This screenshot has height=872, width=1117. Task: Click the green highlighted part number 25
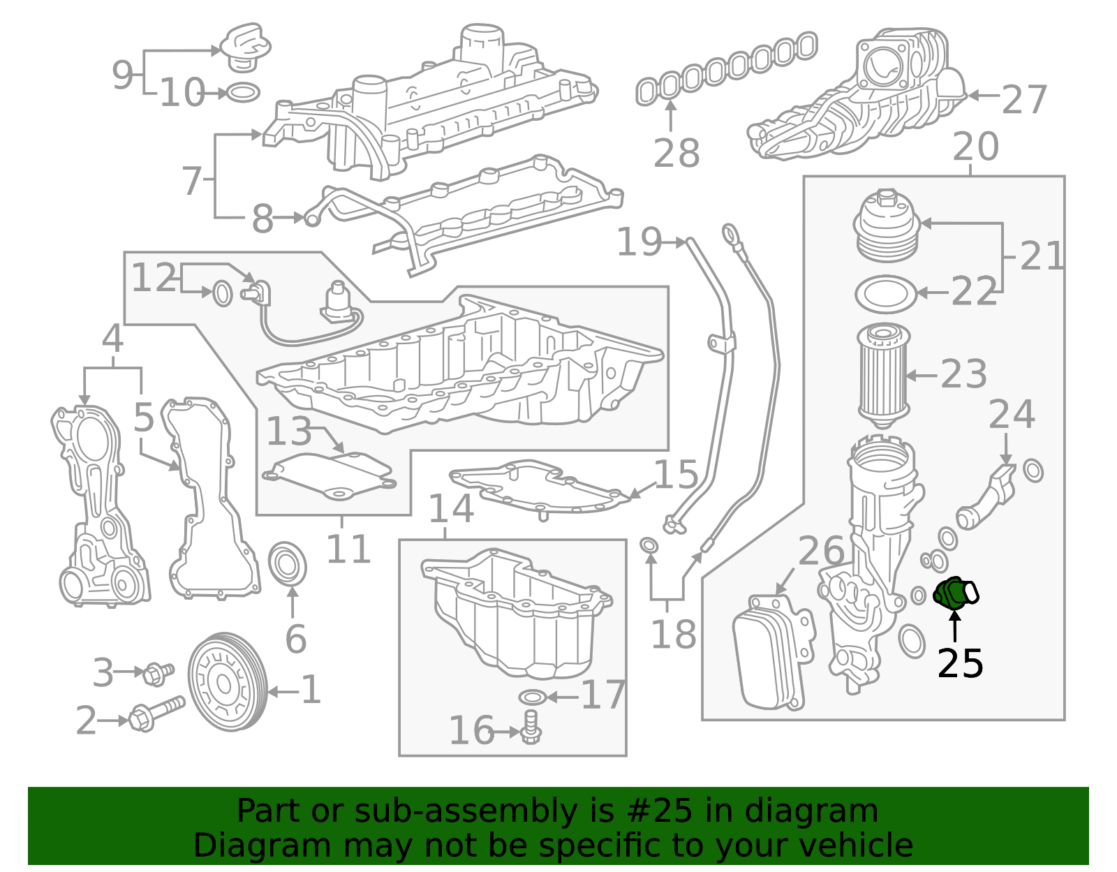(x=954, y=593)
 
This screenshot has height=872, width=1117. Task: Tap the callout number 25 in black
(x=960, y=663)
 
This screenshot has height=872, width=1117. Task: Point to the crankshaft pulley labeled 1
(x=228, y=682)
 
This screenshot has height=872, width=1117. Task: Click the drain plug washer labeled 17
(x=533, y=697)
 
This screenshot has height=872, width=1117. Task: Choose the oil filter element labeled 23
(x=882, y=375)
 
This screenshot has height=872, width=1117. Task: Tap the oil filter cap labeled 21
(x=887, y=228)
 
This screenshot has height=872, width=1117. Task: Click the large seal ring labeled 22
(x=885, y=294)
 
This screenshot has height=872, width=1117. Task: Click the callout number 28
(x=676, y=154)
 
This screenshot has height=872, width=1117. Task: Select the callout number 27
(x=1024, y=100)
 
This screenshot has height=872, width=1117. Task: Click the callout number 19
(x=639, y=242)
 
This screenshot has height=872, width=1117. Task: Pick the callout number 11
(x=348, y=549)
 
